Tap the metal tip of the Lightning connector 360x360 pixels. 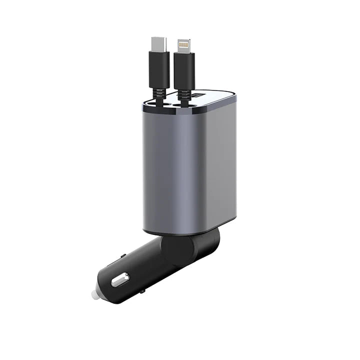[x=184, y=44]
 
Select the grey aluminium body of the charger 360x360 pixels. [x=190, y=165]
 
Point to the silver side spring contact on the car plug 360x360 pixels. [x=120, y=279]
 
